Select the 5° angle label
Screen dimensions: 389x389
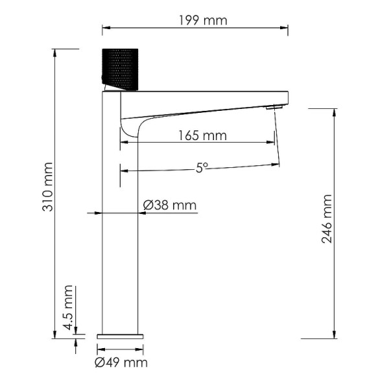tap(202, 167)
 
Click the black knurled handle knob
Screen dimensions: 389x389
tap(121, 67)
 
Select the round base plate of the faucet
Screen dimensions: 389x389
tap(121, 336)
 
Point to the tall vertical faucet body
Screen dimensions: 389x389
tap(121, 227)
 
